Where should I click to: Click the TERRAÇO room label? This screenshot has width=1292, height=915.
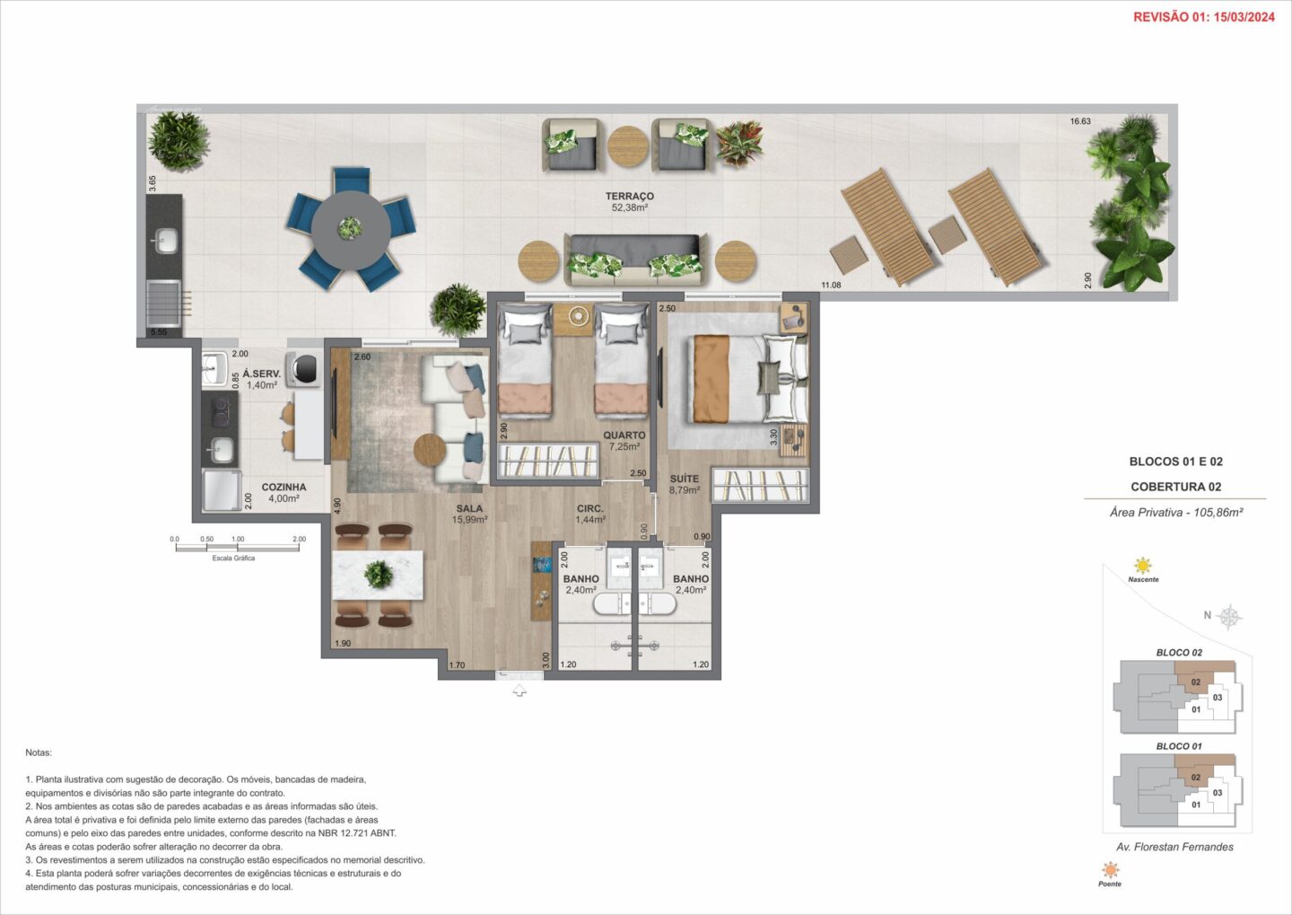(x=629, y=197)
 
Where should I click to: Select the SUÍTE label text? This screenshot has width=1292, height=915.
(x=684, y=479)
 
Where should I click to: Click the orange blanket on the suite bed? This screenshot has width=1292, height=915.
(x=711, y=379)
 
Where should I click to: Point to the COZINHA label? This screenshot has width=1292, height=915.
(x=284, y=487)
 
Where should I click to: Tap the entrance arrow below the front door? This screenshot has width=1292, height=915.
(x=519, y=690)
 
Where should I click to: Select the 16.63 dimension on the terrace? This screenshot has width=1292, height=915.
(x=1080, y=121)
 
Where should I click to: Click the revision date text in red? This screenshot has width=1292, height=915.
(x=1204, y=17)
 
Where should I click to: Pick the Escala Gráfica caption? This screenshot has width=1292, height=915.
(x=233, y=559)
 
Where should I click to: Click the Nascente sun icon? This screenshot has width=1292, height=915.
(x=1143, y=565)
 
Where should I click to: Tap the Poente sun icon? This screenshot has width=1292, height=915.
(x=1110, y=870)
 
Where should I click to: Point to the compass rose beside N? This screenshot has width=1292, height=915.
(x=1230, y=616)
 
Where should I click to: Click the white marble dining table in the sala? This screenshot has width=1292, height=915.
(x=377, y=575)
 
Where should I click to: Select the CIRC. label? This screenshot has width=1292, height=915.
(x=590, y=508)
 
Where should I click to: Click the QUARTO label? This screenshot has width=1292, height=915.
(x=624, y=436)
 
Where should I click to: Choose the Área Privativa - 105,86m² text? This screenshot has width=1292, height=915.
(x=1176, y=512)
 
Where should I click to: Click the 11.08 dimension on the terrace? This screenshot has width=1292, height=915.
(x=831, y=285)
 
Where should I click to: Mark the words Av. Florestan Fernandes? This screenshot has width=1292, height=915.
(x=1175, y=847)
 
